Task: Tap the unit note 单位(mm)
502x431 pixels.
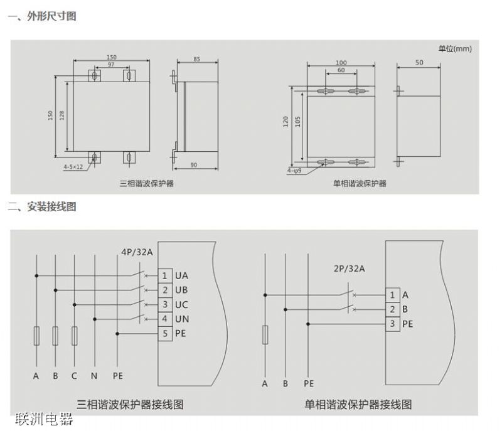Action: (x=455, y=48)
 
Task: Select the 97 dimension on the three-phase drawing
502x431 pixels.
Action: (x=110, y=65)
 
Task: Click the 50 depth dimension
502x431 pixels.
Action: (x=419, y=63)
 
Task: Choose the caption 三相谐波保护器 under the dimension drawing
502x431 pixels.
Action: (x=147, y=183)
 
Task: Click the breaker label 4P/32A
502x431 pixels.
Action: (x=137, y=252)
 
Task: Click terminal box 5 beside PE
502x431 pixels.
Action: (x=165, y=334)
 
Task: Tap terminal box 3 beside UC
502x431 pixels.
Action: (x=165, y=304)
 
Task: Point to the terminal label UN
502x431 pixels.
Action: (x=181, y=319)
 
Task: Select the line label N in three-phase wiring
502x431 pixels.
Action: (x=93, y=376)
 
